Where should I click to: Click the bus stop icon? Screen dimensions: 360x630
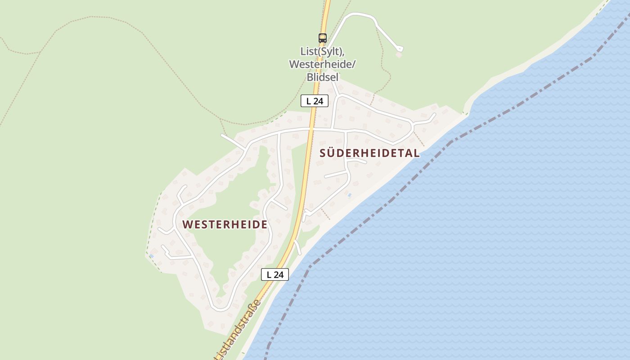[x=322, y=38]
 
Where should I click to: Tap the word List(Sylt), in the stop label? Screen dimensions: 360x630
[x=322, y=51]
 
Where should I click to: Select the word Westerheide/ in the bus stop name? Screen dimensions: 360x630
[x=322, y=64]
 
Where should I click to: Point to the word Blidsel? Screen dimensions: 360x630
[x=322, y=77]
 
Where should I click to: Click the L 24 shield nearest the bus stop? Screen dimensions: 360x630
[x=315, y=101]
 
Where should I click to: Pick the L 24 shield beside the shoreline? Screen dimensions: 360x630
[x=274, y=274]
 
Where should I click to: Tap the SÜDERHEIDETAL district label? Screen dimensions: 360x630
[x=369, y=153]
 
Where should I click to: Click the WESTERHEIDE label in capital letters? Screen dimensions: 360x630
[x=225, y=225]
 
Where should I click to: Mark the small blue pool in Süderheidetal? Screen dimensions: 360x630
[x=349, y=195]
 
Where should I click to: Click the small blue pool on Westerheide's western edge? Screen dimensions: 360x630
[x=151, y=256]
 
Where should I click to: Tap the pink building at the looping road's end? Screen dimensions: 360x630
[x=398, y=55]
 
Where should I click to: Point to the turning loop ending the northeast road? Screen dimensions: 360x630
[x=399, y=48]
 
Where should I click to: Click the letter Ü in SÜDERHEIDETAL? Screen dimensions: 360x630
[x=333, y=153]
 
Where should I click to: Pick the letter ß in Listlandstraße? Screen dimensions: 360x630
[x=253, y=311]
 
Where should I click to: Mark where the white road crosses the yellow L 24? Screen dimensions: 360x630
[x=311, y=129]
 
